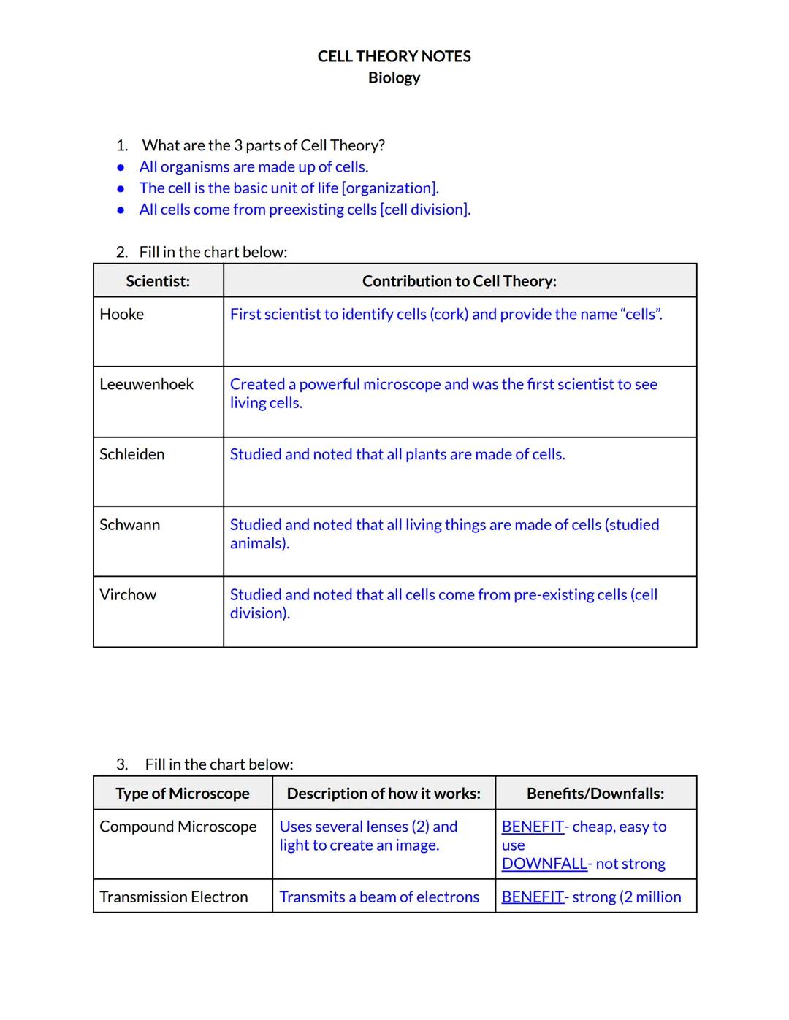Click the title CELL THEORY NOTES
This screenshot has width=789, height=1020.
point(394,56)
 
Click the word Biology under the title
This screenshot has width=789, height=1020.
point(394,77)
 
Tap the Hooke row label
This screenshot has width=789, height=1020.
point(121,315)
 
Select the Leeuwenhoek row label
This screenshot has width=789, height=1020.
point(146,385)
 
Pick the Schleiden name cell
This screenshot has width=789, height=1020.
point(131,455)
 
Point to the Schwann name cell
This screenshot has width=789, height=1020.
point(129,525)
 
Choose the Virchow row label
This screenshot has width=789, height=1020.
point(128,595)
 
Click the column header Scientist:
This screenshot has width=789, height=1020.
point(158,281)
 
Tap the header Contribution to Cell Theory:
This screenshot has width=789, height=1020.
point(459,281)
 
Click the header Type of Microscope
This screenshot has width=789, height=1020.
point(183,794)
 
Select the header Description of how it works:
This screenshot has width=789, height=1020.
point(384,794)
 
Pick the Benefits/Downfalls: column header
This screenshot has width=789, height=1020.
point(595,794)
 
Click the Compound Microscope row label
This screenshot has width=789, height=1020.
point(178,827)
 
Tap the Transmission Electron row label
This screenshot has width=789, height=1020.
point(173,897)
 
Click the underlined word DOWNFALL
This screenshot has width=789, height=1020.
point(544,864)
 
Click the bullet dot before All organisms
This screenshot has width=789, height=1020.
point(121,167)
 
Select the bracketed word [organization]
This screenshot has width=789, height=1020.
point(390,188)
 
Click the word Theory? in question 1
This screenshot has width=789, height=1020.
point(359,145)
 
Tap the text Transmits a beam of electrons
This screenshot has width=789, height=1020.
point(379,897)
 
